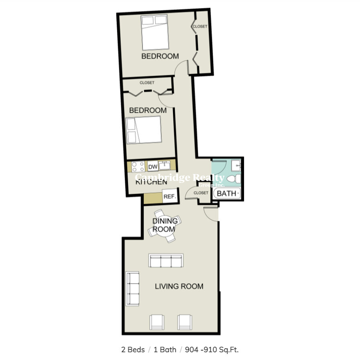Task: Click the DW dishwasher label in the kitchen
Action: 153,166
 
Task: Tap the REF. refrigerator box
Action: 169,197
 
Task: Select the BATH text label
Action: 227,194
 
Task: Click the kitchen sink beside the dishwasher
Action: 165,165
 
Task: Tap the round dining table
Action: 165,226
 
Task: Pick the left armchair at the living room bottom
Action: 157,322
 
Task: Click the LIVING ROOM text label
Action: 179,286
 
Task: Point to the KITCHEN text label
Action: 151,182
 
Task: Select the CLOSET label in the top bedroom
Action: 200,26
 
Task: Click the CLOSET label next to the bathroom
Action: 201,193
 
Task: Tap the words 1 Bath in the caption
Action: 165,350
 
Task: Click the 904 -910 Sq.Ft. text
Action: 212,350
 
